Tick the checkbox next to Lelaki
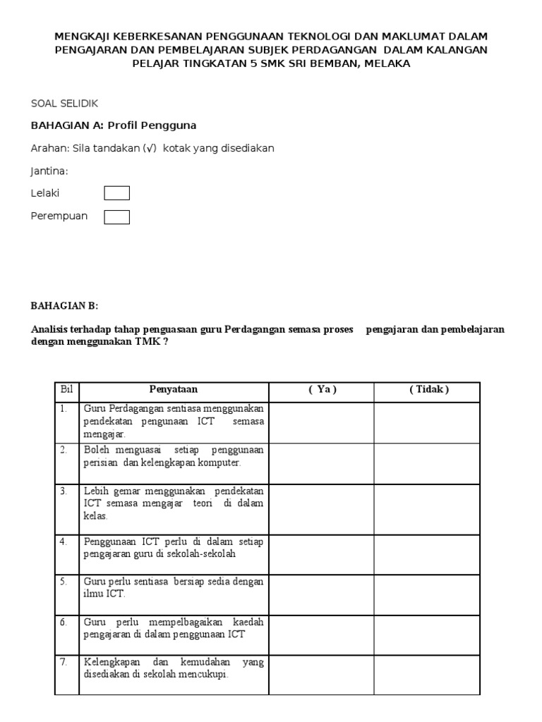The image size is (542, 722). (x=116, y=193)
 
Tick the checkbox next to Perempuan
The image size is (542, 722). (x=116, y=217)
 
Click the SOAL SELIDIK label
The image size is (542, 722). (x=64, y=104)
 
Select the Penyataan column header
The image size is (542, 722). (x=173, y=389)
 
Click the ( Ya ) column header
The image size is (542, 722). (x=322, y=389)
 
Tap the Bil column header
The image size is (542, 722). (x=66, y=389)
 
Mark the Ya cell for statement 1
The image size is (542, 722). (x=322, y=422)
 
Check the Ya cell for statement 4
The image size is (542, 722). (x=322, y=554)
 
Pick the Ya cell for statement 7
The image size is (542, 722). (x=322, y=674)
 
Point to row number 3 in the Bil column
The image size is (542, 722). (x=63, y=491)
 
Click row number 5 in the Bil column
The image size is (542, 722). (x=63, y=582)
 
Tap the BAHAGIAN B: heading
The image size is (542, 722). (x=65, y=305)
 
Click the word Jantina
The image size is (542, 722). (x=49, y=171)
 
